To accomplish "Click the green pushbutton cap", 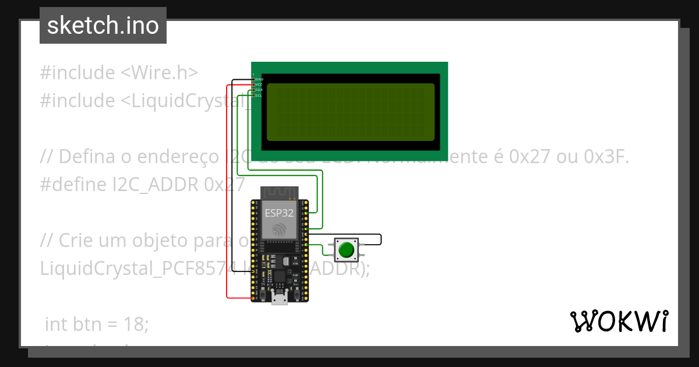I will pyautogui.click(x=347, y=249).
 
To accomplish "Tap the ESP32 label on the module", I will pyautogui.click(x=280, y=213).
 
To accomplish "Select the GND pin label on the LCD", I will pyautogui.click(x=259, y=79).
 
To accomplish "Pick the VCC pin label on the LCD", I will pyautogui.click(x=259, y=84).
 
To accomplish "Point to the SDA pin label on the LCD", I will pyautogui.click(x=259, y=90).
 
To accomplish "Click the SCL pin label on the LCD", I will pyautogui.click(x=259, y=96).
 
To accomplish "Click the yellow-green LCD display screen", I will pyautogui.click(x=351, y=112).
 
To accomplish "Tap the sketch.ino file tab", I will pyautogui.click(x=103, y=26).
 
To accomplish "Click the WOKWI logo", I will pyautogui.click(x=619, y=321).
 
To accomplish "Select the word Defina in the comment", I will pyautogui.click(x=87, y=157).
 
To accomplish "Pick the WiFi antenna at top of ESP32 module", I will pyautogui.click(x=279, y=192).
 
